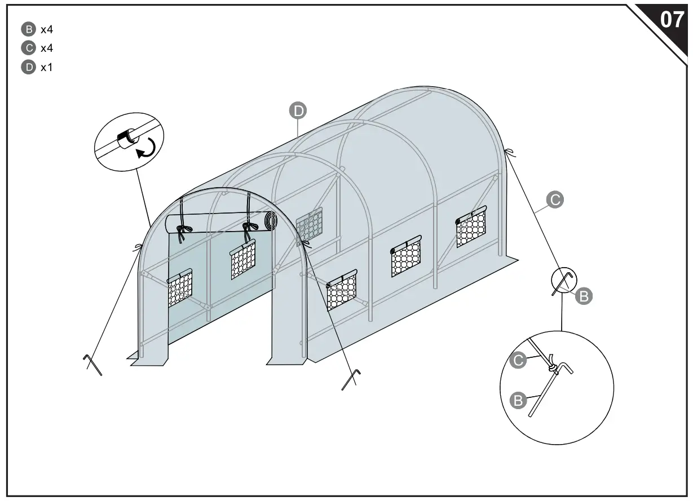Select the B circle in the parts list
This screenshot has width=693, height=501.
(28, 29)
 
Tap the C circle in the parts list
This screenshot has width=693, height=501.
(28, 48)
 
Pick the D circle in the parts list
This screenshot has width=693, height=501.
(28, 67)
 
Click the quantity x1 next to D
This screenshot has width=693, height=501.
(47, 67)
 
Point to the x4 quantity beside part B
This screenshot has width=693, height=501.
(47, 29)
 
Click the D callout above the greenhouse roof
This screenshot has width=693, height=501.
(298, 110)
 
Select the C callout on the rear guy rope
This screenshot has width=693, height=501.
(555, 199)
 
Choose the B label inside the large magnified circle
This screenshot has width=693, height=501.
(517, 401)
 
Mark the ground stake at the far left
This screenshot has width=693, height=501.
(92, 365)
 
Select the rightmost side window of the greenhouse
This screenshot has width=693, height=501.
(471, 226)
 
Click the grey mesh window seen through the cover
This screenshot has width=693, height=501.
(309, 224)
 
